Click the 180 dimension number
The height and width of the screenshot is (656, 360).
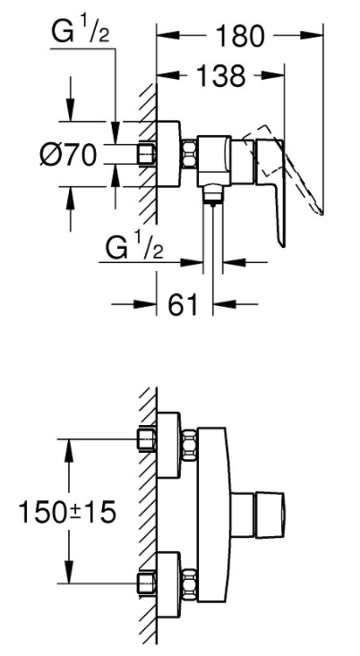pos(240,37)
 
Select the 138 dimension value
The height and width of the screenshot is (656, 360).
pos(220,76)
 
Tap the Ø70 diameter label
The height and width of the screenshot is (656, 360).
pos(69,155)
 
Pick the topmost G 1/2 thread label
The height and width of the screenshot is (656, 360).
pos(81,32)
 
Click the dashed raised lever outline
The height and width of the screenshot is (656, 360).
pos(289,167)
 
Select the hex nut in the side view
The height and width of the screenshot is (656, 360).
pos(190,154)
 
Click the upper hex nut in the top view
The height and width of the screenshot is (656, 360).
pos(190,445)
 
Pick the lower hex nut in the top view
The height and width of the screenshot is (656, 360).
pos(190,584)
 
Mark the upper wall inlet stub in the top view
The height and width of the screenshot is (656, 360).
pos(147,439)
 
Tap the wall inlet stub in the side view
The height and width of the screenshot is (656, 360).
pos(147,155)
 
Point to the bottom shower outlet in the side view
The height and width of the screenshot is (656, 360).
pos(213,195)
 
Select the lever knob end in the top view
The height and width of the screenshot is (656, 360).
pos(270,514)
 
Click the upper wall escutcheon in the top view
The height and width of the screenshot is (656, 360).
pos(168,445)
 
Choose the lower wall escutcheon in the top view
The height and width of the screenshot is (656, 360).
pos(168,584)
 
